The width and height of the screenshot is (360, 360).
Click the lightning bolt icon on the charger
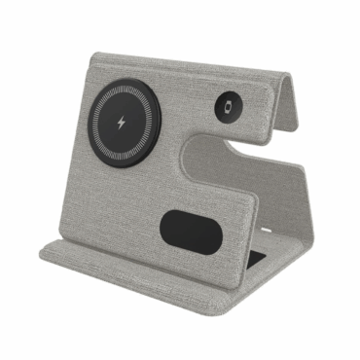(122, 125)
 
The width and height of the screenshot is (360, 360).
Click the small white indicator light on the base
(265, 230)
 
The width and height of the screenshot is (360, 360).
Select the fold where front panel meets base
(146, 251)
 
